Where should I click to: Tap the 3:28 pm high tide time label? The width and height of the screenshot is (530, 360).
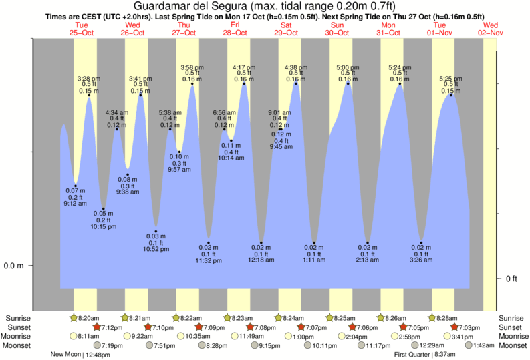[x=89, y=78]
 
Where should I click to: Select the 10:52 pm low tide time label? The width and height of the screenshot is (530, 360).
[x=156, y=249]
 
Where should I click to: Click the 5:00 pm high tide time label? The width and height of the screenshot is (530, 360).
[x=348, y=67]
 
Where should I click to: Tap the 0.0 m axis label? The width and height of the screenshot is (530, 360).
[x=14, y=266]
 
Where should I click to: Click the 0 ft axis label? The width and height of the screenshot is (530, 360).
[x=512, y=278]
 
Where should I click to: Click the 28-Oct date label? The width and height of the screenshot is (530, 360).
[x=235, y=32]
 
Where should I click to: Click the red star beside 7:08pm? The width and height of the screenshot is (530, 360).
[x=249, y=327]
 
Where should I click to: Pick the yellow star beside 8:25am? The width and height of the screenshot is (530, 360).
[x=329, y=317]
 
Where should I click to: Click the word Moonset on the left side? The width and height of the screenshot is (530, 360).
[x=19, y=345]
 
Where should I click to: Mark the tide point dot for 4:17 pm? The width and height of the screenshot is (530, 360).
[x=244, y=83]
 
